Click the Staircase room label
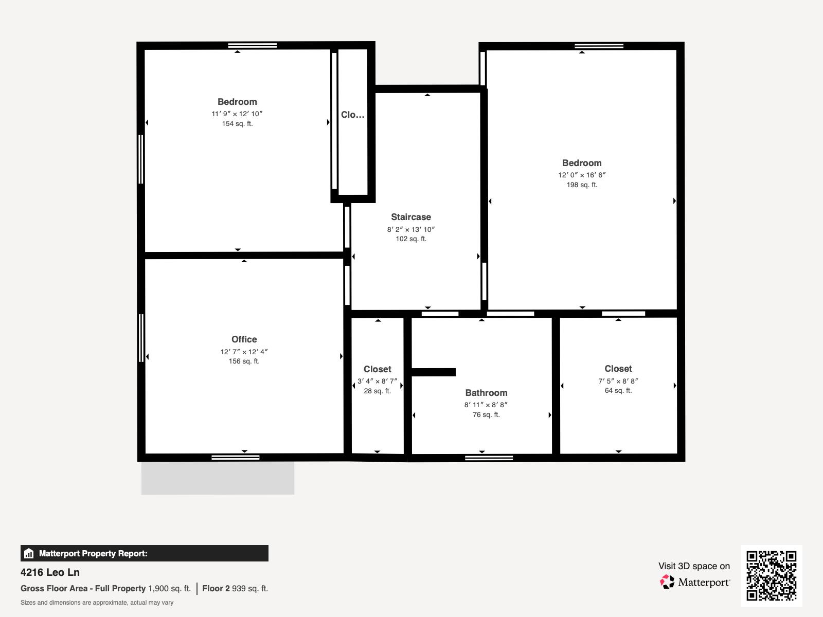click(410, 217)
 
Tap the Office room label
click(244, 339)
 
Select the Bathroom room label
click(486, 393)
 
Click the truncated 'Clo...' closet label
click(352, 115)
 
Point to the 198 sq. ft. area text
click(582, 185)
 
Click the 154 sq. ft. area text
click(237, 124)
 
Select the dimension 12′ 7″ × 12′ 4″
click(244, 352)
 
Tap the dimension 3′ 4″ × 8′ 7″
click(377, 382)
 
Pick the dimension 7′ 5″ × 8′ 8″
click(618, 381)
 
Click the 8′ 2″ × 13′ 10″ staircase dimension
click(410, 229)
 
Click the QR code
click(771, 575)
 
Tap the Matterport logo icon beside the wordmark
click(667, 582)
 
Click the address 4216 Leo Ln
click(50, 572)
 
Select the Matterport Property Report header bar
click(144, 553)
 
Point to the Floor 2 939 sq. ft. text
click(235, 588)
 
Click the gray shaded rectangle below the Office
click(218, 478)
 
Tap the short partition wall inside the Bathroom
click(433, 372)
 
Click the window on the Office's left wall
click(141, 338)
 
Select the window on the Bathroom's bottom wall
click(489, 458)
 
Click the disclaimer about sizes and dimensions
click(97, 603)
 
